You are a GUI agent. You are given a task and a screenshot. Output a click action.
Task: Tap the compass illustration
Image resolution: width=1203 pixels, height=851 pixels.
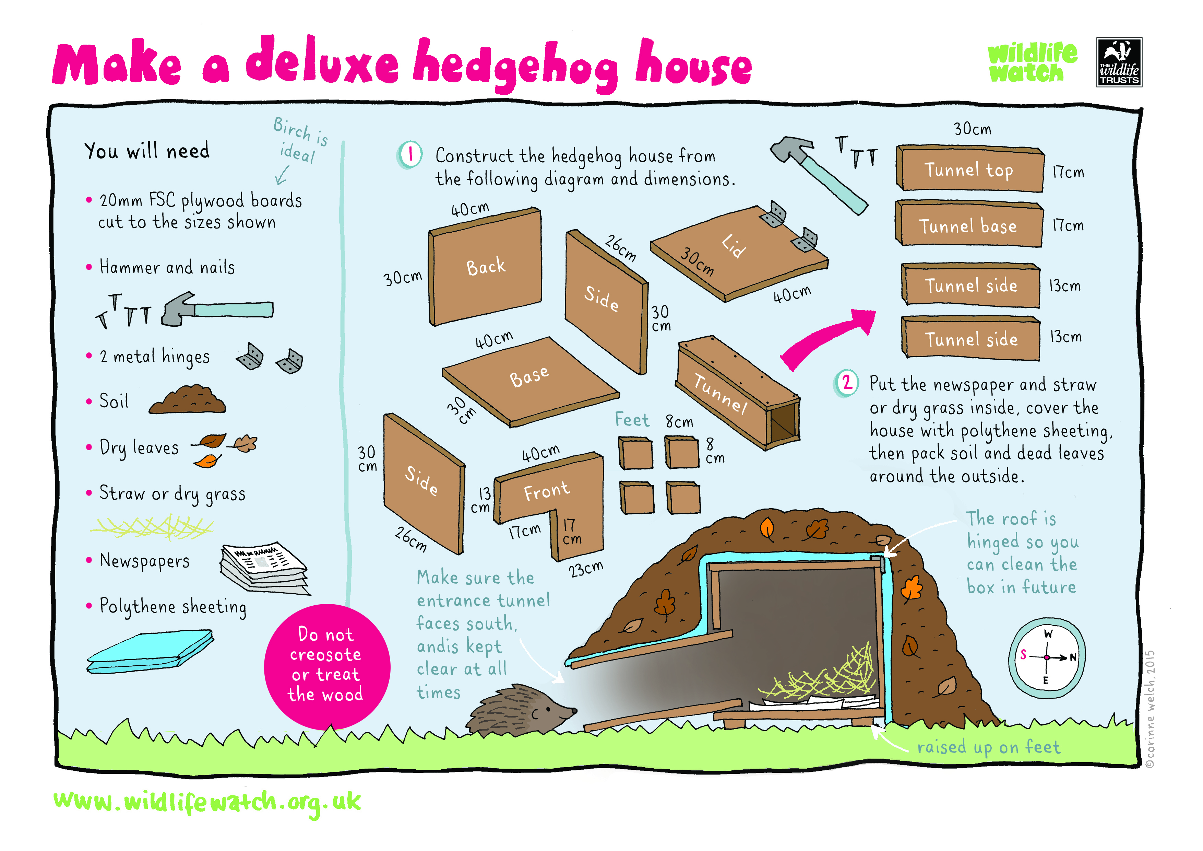pyautogui.click(x=1046, y=657)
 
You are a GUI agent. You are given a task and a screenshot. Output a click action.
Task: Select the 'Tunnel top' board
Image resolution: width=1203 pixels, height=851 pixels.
pyautogui.click(x=969, y=170)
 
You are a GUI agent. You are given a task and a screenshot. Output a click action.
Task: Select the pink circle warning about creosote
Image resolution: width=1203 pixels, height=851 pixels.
pyautogui.click(x=326, y=666)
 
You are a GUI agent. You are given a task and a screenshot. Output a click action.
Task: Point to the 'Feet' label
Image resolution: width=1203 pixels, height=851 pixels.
pyautogui.click(x=632, y=420)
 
